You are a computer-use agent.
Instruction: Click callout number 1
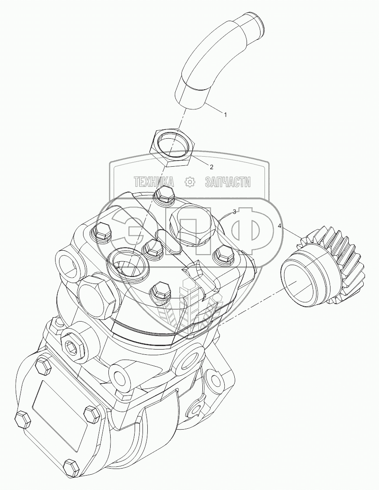click(225, 115)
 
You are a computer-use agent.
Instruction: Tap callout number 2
click(211, 167)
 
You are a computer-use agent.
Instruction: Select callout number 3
click(234, 212)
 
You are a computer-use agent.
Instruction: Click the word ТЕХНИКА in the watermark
click(153, 182)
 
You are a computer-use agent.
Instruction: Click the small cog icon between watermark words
click(190, 182)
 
